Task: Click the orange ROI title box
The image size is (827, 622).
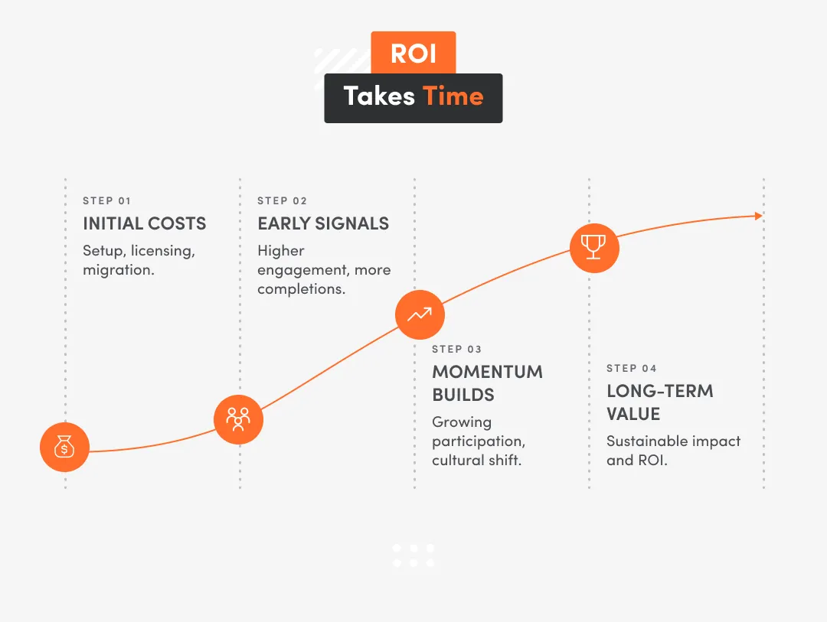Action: tap(413, 53)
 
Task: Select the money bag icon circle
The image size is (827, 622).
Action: tap(65, 447)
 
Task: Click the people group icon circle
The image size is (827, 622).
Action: tap(238, 419)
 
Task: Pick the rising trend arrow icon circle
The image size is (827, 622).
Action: tap(420, 314)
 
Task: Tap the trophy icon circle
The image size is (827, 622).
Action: tap(593, 247)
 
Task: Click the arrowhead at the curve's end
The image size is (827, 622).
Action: tap(759, 216)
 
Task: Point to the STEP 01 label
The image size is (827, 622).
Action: tap(107, 201)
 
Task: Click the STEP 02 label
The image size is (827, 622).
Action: tap(282, 201)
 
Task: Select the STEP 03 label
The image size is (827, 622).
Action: tap(456, 350)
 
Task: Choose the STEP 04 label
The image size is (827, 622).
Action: tap(632, 369)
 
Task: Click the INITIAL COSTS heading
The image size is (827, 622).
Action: tap(145, 224)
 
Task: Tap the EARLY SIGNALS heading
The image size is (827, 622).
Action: tap(323, 224)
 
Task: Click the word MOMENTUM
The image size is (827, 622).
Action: tap(487, 373)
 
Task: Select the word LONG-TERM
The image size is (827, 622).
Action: tap(660, 391)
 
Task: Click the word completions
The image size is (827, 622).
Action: tap(301, 289)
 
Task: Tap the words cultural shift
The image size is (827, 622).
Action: tap(476, 461)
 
